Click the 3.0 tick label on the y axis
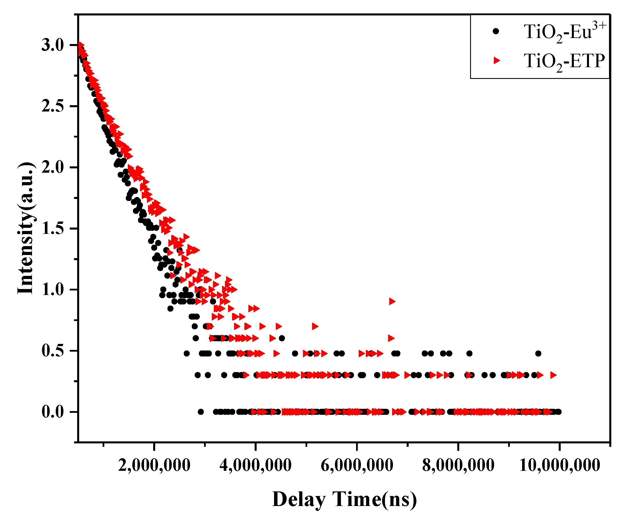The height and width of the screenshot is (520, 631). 53,45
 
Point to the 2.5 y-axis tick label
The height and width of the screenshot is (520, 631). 53,107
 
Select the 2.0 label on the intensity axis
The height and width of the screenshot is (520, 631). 53,168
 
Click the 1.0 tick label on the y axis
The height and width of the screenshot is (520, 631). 53,290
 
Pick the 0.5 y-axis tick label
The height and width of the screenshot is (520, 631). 53,351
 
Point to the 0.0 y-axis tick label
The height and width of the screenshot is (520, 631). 53,412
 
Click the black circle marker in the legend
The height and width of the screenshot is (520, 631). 496,31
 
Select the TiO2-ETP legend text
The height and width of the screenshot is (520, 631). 564,62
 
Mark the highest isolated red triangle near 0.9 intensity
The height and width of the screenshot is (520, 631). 392,301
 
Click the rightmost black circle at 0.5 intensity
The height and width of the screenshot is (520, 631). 538,353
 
